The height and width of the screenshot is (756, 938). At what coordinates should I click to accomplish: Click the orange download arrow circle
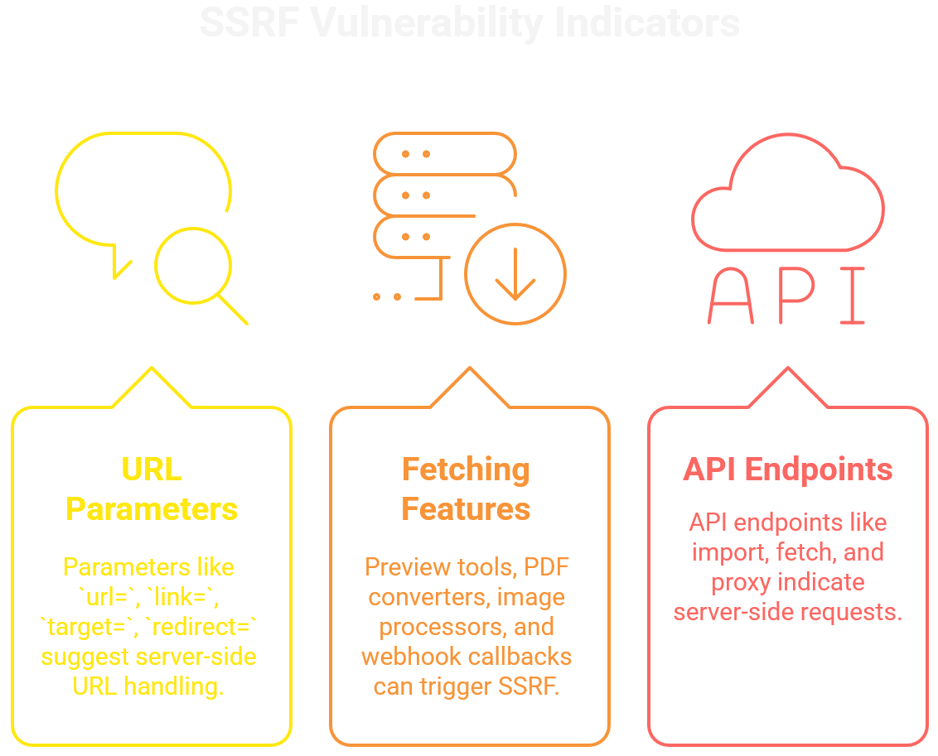pos(515,274)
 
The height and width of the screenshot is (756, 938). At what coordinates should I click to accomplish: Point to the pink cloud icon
pos(788,195)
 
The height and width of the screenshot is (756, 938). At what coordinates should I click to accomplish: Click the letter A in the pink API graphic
pos(730,296)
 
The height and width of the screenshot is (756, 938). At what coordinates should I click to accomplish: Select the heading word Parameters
pos(152,508)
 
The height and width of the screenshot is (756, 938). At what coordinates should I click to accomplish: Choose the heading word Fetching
pos(466,469)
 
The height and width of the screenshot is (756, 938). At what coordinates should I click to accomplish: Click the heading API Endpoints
pos(788,469)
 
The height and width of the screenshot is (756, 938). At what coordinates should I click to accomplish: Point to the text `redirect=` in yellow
pos(201,627)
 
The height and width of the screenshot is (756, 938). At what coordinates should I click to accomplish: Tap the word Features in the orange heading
pos(466,508)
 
